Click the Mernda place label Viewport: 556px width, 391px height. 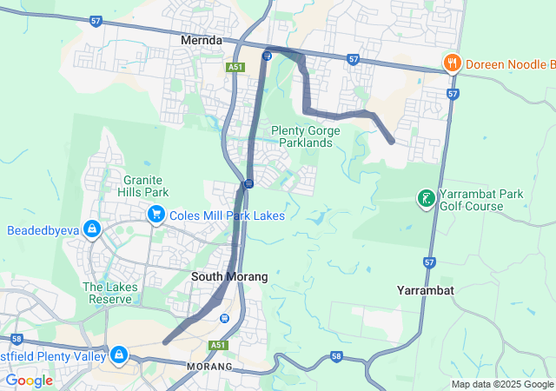[x=202, y=40]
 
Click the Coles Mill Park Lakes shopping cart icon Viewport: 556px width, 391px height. [x=156, y=214]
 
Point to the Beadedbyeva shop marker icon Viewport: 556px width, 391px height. [x=92, y=230]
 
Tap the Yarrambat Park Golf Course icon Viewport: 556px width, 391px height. [x=426, y=199]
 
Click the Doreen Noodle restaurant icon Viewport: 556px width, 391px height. [x=452, y=63]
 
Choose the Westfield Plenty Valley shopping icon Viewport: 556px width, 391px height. [x=118, y=355]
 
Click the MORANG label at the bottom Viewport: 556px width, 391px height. [x=210, y=368]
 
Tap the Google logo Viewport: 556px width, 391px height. [x=29, y=381]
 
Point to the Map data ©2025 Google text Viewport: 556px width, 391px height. [x=502, y=384]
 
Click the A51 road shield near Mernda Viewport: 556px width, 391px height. [x=235, y=67]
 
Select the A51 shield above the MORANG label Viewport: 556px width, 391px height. [x=219, y=345]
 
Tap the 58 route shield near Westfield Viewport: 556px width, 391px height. [x=17, y=338]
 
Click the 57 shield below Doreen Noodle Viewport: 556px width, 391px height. [x=453, y=93]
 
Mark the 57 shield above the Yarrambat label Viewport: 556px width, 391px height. [x=430, y=262]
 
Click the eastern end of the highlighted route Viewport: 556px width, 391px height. [x=392, y=140]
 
